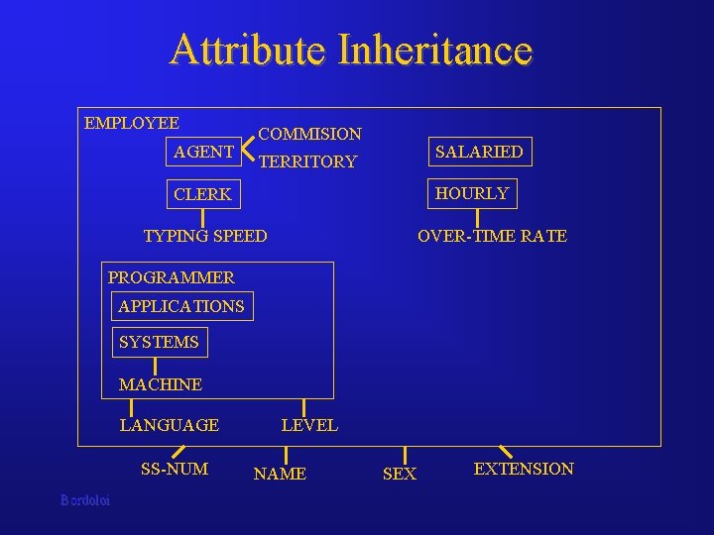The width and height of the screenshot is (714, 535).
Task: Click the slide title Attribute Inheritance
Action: pyautogui.click(x=351, y=50)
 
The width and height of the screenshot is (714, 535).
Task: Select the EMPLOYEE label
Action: pyautogui.click(x=132, y=124)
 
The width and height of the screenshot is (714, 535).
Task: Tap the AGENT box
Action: pyautogui.click(x=203, y=152)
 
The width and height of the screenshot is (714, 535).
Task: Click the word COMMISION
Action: pyautogui.click(x=309, y=134)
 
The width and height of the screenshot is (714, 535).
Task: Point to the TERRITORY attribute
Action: pyautogui.click(x=307, y=161)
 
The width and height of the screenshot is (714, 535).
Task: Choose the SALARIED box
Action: pyautogui.click(x=479, y=152)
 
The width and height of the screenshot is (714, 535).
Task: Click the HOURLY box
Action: pyautogui.click(x=472, y=193)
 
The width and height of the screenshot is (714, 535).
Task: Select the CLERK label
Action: pyautogui.click(x=202, y=194)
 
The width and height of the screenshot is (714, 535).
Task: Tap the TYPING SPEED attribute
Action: pyautogui.click(x=205, y=236)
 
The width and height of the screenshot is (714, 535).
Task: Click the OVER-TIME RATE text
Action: pyautogui.click(x=492, y=236)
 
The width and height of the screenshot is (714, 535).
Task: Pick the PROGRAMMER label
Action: pyautogui.click(x=171, y=277)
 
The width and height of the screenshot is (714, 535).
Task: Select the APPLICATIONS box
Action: pyautogui.click(x=181, y=306)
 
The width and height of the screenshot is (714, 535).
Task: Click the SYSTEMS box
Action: pyautogui.click(x=159, y=342)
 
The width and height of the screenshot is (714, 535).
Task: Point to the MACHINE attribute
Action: pyautogui.click(x=160, y=384)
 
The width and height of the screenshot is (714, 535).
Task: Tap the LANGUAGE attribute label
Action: pyautogui.click(x=169, y=425)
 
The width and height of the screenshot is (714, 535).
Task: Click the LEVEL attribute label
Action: pyautogui.click(x=309, y=425)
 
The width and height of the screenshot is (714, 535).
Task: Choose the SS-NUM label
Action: pyautogui.click(x=175, y=469)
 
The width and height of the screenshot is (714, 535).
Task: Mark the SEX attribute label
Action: pyautogui.click(x=400, y=475)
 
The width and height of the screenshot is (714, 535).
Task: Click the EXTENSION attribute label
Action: pyautogui.click(x=524, y=469)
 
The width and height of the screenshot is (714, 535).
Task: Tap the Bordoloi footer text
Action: pyautogui.click(x=85, y=500)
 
